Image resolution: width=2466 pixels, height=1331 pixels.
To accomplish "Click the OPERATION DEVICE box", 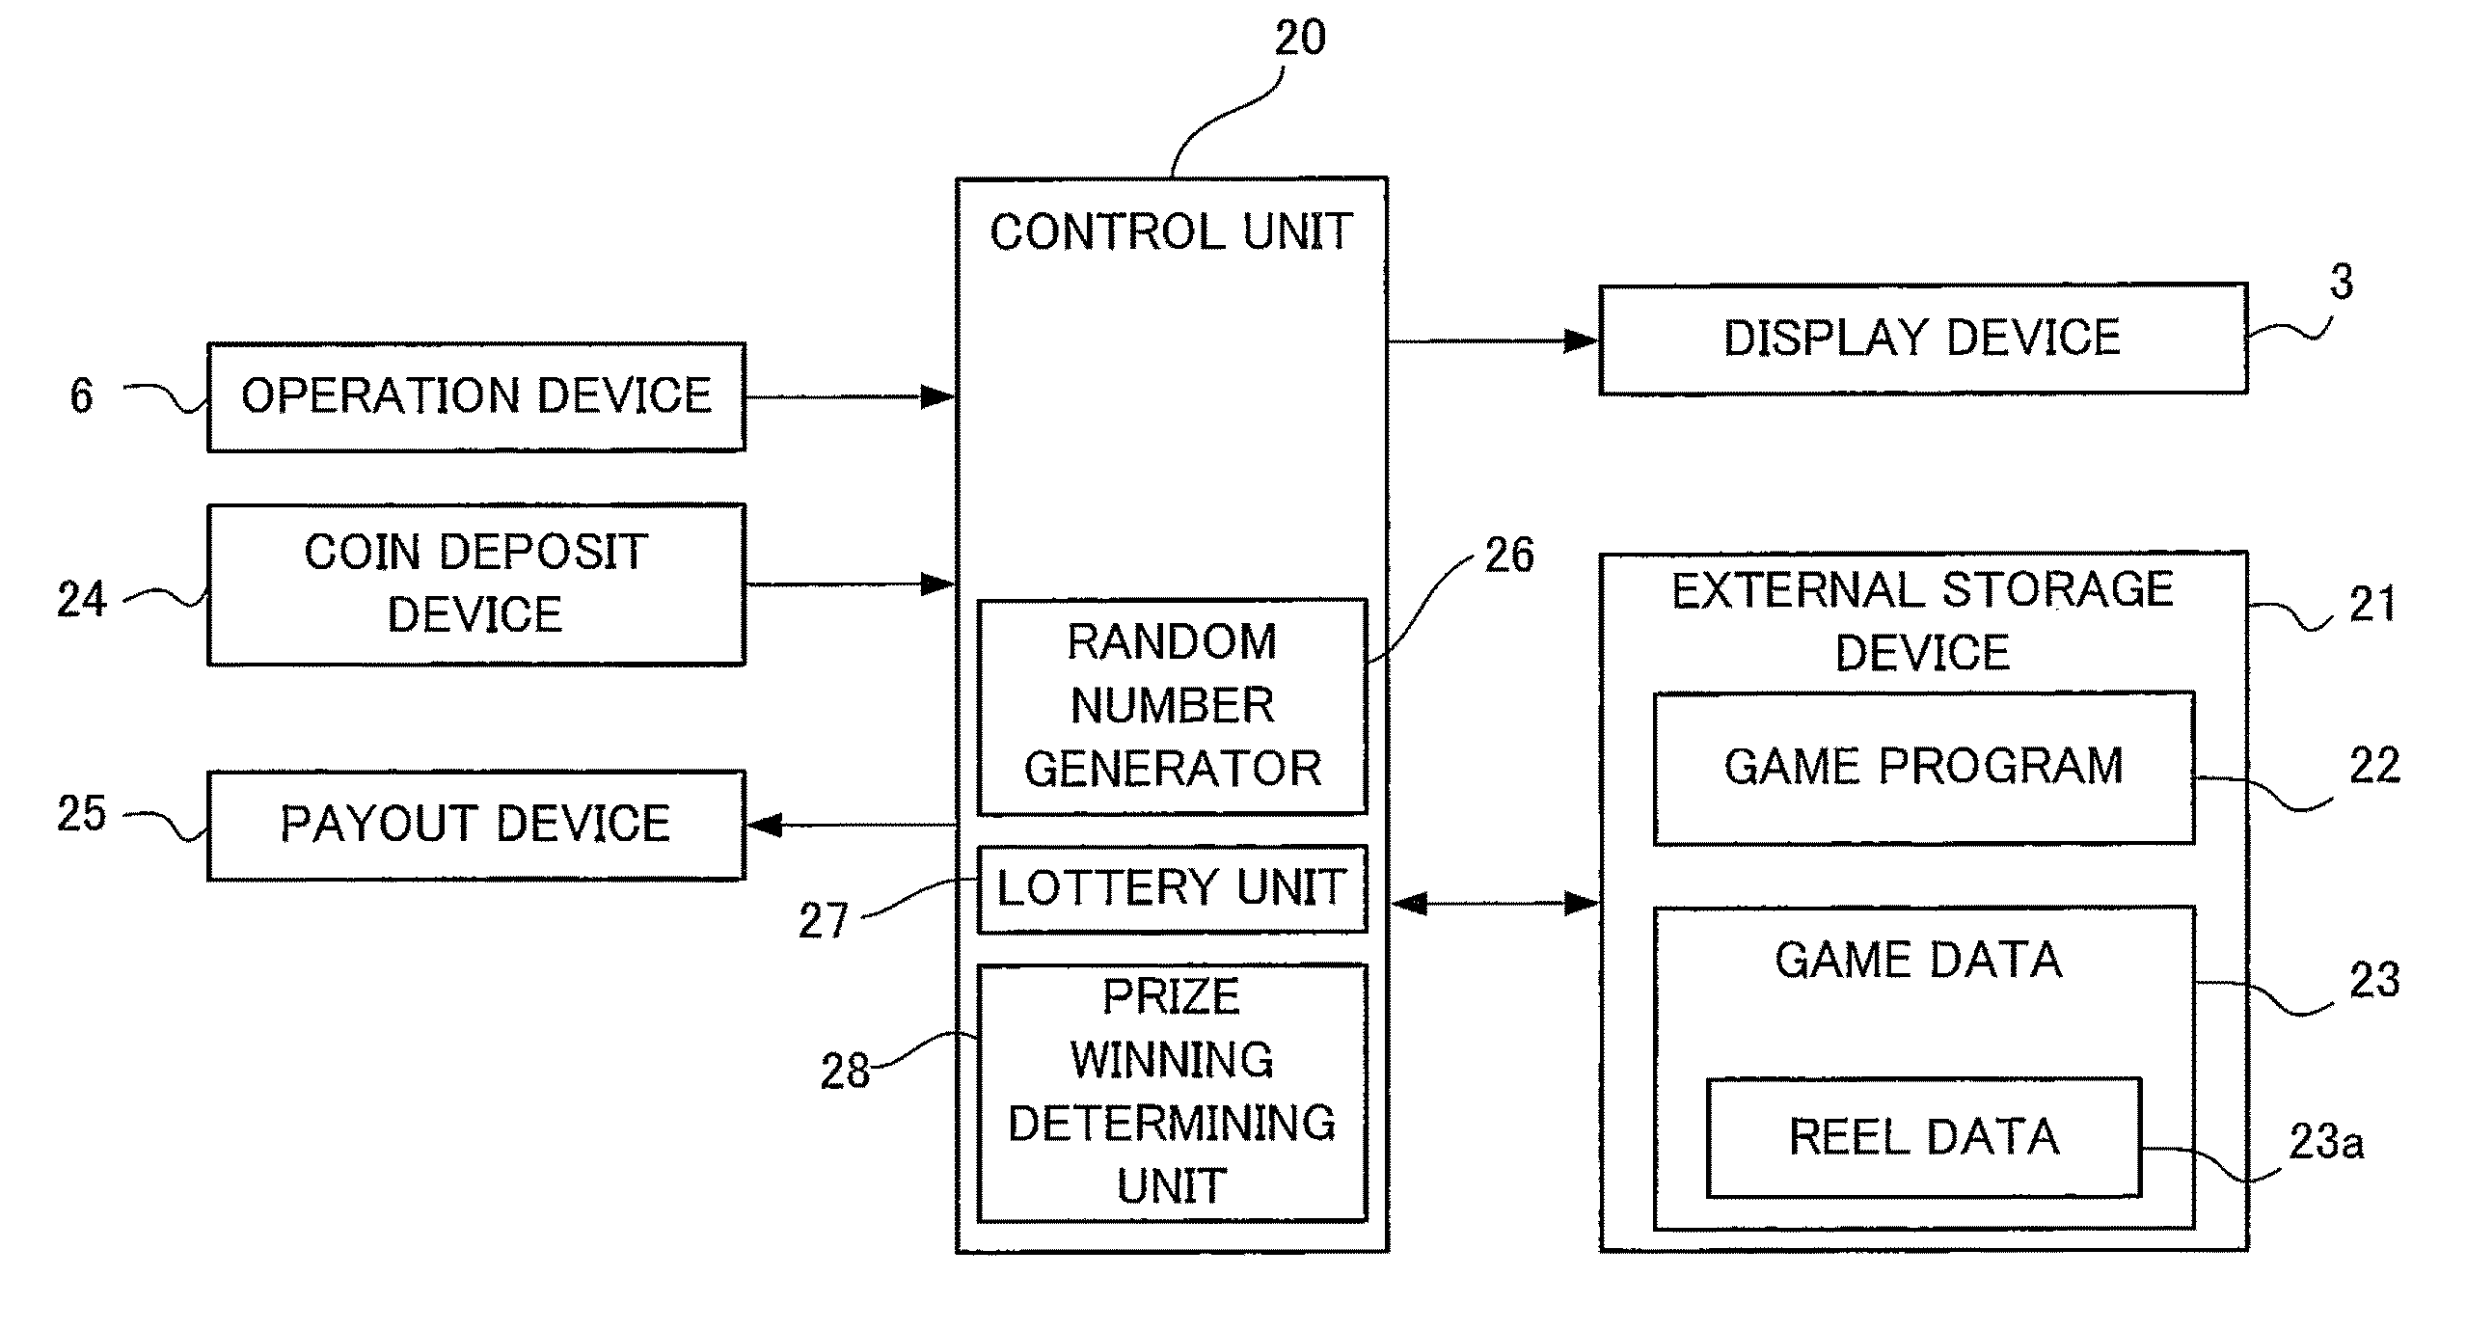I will [x=476, y=396].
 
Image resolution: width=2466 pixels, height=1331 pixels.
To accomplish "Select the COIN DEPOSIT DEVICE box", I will [x=476, y=584].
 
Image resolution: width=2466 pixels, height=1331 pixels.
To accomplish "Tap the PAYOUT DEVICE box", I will [x=476, y=825].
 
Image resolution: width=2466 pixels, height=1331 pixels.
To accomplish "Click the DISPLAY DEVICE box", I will [x=1922, y=339].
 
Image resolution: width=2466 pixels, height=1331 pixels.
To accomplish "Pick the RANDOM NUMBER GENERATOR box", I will [x=1172, y=706].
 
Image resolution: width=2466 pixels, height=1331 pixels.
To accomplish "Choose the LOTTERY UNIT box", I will [x=1172, y=888].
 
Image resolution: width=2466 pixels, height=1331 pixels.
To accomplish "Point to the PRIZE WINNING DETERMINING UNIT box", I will [x=1172, y=1092].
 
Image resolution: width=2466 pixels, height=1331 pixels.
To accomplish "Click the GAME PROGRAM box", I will [x=1923, y=768].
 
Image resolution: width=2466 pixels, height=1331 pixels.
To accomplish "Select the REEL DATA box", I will [x=1923, y=1137].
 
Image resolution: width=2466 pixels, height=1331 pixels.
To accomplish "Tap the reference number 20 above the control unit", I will [x=1300, y=39].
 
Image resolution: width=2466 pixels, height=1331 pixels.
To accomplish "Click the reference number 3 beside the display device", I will [x=2341, y=283].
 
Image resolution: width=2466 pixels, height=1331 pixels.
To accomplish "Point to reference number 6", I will [x=82, y=395].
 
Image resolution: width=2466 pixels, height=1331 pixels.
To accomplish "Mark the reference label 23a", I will [x=2325, y=1143].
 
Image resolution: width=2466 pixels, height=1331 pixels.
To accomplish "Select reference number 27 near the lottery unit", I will [x=823, y=921].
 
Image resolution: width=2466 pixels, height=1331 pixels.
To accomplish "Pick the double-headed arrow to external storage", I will [x=1494, y=904].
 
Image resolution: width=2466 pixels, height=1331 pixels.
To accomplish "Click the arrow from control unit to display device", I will [x=1494, y=340].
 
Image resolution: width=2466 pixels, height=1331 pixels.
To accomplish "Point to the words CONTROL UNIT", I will [x=1172, y=232].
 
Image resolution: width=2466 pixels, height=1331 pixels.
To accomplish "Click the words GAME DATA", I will [x=1918, y=961].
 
